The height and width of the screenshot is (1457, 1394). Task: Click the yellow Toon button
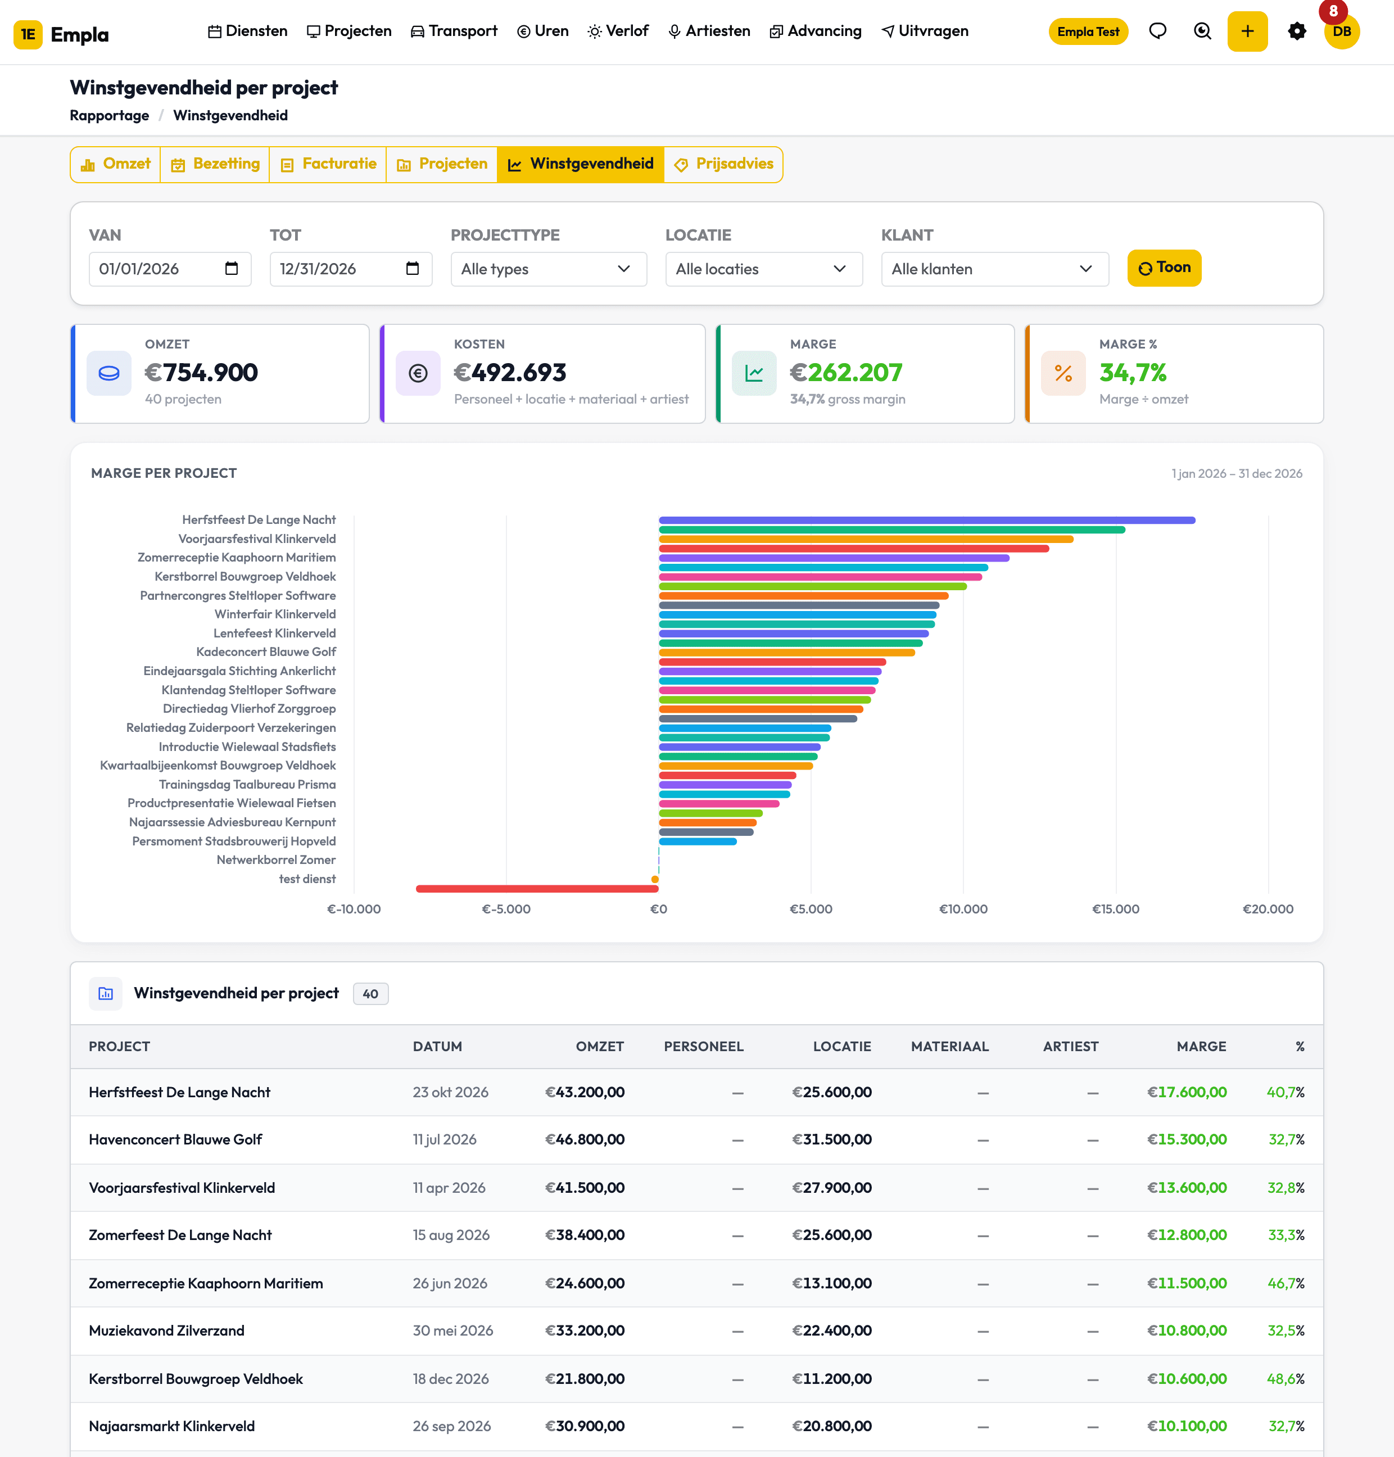tap(1164, 268)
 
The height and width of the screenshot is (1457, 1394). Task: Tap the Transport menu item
tap(454, 31)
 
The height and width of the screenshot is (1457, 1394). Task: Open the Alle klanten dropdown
tap(994, 269)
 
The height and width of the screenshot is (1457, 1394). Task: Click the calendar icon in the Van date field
tap(232, 268)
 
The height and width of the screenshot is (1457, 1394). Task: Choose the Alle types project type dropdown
tap(549, 269)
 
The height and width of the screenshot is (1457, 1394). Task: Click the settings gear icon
tap(1297, 31)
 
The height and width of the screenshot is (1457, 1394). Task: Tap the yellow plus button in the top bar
tap(1247, 31)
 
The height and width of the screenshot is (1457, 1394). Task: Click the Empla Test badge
tap(1088, 32)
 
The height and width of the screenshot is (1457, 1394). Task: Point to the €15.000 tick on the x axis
tap(1115, 909)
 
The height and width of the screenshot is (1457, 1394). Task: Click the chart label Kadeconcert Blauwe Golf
tap(266, 651)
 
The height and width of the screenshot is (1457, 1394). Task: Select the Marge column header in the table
tap(1201, 1046)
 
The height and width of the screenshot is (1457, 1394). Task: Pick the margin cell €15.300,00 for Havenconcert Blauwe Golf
tap(1187, 1139)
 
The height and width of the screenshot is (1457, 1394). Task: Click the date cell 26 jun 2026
tap(450, 1283)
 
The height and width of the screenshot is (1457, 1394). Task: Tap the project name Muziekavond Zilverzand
tap(166, 1331)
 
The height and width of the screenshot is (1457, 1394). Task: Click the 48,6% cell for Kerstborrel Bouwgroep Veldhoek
tap(1286, 1378)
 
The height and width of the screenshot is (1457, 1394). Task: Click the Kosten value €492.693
tap(510, 372)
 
